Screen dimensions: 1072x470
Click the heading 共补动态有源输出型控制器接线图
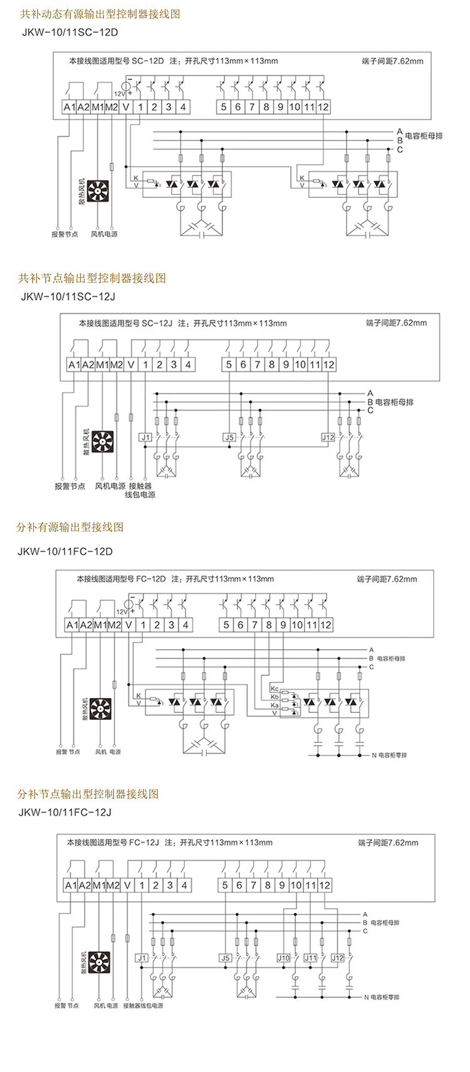pos(100,13)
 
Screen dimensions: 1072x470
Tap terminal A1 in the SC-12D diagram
pos(69,107)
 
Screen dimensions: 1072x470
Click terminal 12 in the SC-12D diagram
pos(323,107)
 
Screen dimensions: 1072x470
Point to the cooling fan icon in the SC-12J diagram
pos(102,442)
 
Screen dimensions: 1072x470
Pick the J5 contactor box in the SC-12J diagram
pos(229,437)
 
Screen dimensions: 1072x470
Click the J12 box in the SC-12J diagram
pos(328,437)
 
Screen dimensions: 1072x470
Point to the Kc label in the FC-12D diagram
pos(274,689)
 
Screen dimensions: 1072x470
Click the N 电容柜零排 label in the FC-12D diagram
pos(389,756)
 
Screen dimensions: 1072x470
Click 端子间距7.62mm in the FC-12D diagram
pos(387,579)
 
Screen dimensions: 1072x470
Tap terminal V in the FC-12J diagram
pos(128,885)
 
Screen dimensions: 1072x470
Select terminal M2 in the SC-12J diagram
pos(117,365)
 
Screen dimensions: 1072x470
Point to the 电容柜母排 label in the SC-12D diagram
pos(424,135)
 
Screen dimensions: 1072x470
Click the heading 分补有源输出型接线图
pos(70,527)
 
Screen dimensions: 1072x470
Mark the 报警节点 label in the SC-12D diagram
pos(65,234)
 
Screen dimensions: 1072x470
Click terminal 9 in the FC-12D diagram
pos(283,625)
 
